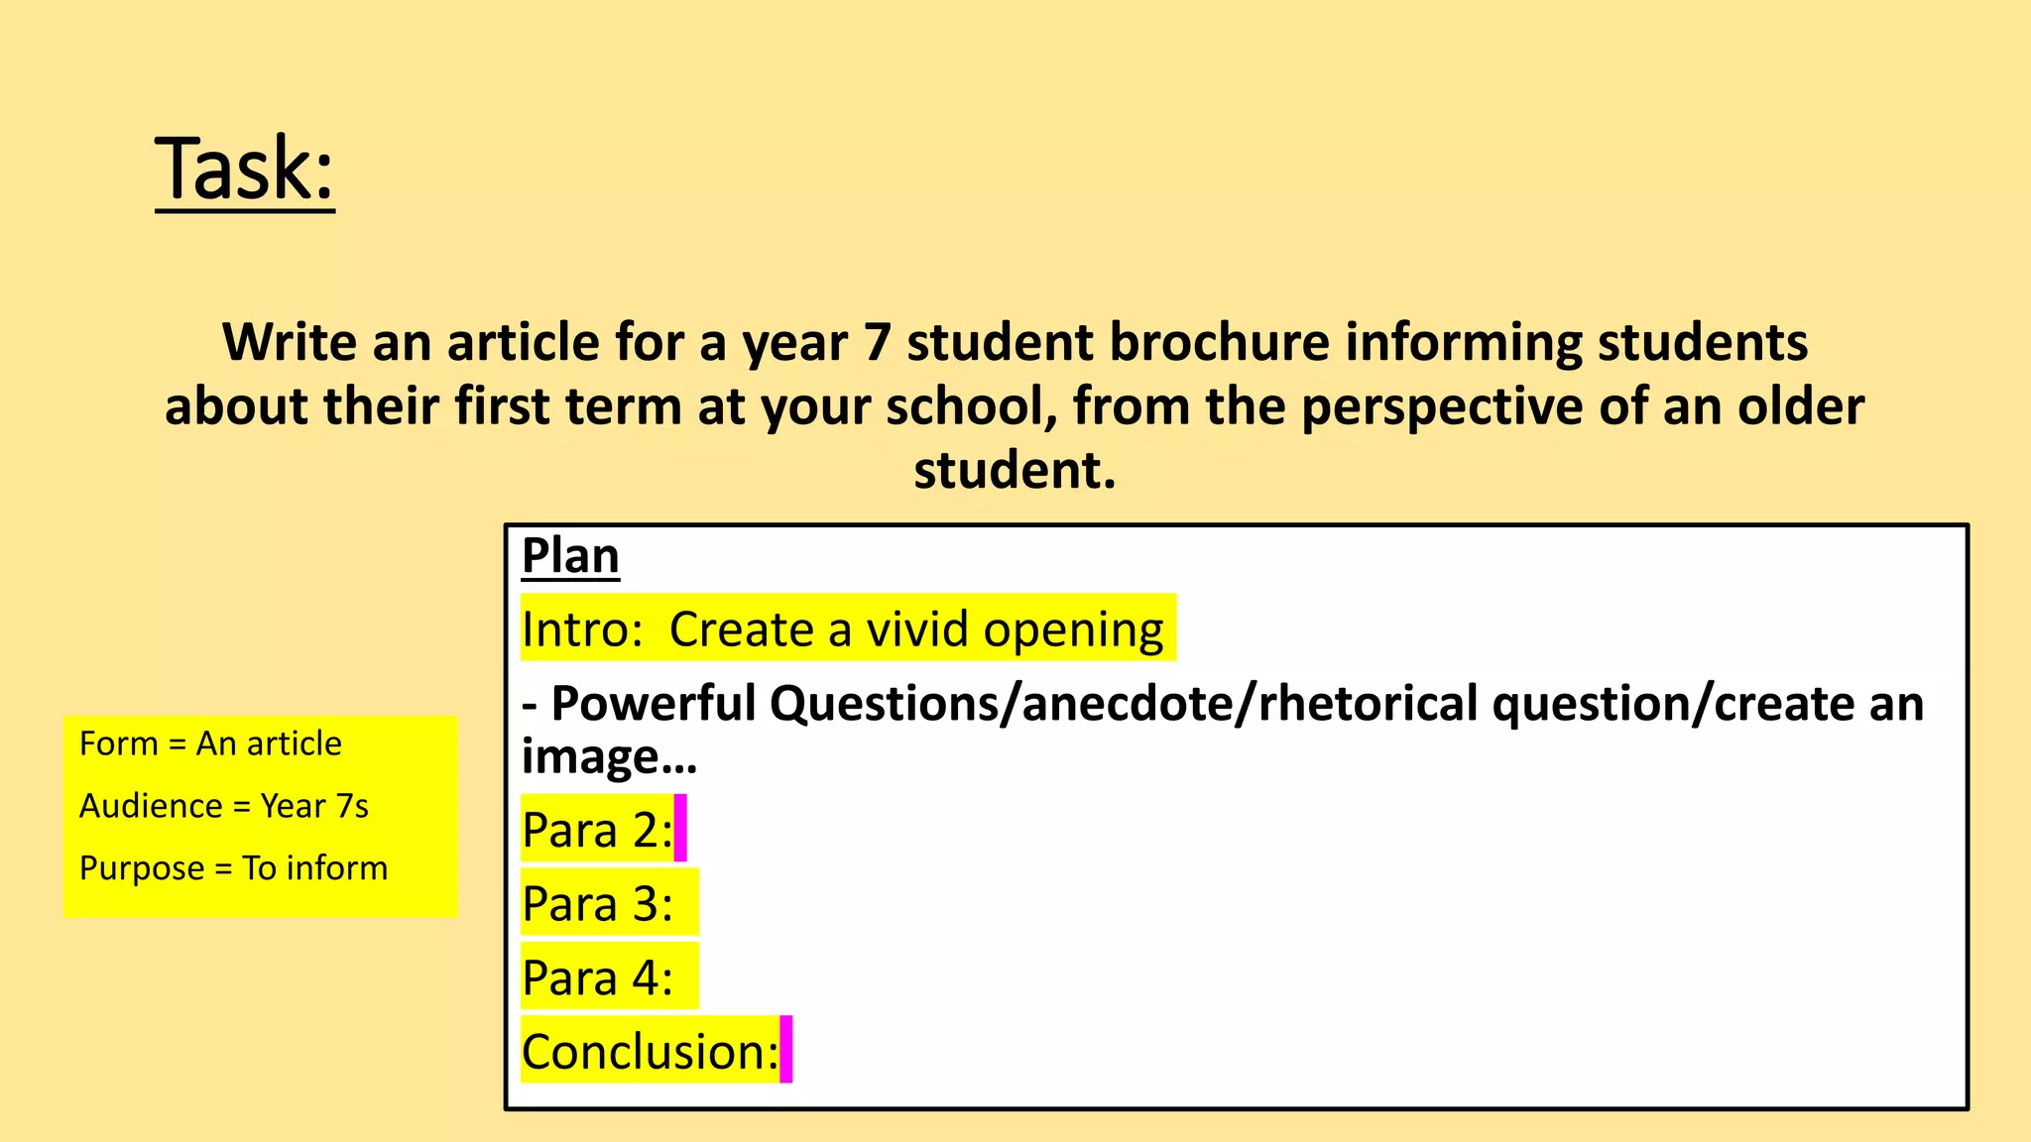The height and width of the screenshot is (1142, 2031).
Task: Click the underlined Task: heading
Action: (245, 170)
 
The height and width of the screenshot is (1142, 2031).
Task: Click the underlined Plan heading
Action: (570, 555)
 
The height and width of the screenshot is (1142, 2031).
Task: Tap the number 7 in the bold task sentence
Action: (877, 343)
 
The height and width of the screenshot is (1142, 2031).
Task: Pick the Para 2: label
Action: (597, 830)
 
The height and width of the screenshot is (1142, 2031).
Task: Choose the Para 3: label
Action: (597, 904)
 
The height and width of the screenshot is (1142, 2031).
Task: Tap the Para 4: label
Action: (597, 977)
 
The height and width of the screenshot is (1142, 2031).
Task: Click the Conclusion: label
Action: (651, 1051)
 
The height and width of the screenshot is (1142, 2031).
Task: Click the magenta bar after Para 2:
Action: (680, 828)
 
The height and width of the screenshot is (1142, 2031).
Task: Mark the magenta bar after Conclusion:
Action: (786, 1049)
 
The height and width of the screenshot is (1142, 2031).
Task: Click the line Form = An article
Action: (210, 743)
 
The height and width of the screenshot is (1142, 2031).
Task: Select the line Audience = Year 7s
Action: (224, 806)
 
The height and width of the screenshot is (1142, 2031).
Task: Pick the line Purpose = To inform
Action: (234, 868)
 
